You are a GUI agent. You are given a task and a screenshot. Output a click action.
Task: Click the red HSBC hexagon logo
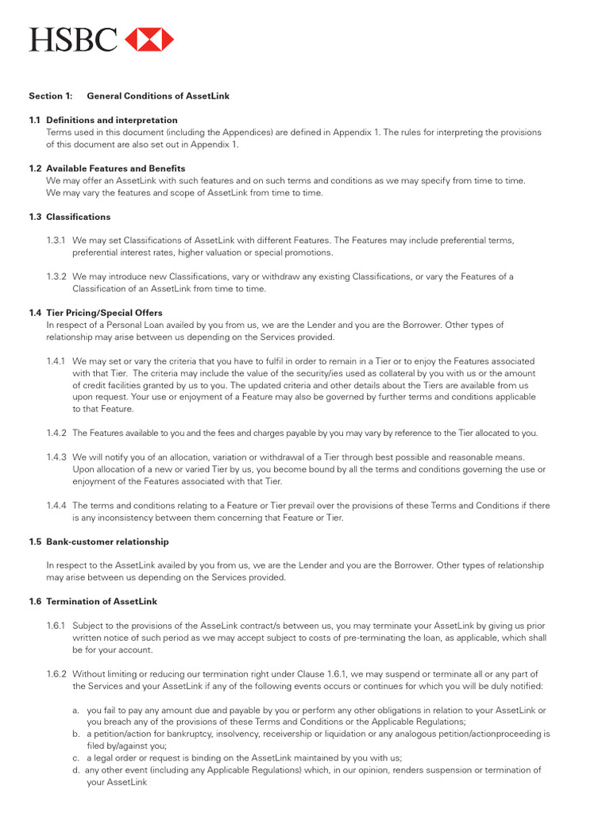(149, 39)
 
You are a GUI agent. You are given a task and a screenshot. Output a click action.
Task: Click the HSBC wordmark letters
(73, 39)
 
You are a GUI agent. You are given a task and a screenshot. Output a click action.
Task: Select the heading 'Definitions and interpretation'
(112, 120)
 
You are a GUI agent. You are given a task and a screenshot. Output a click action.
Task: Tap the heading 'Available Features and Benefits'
(115, 168)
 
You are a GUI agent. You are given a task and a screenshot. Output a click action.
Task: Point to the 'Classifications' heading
(78, 217)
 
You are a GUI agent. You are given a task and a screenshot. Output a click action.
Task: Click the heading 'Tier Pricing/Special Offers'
(104, 313)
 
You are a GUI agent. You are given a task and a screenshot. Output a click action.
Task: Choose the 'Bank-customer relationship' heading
(107, 541)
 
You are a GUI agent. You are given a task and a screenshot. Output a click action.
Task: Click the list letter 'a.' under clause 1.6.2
(75, 710)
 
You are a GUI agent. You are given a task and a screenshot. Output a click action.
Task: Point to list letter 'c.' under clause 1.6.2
(75, 757)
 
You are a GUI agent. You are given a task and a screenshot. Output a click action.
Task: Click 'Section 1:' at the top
(51, 96)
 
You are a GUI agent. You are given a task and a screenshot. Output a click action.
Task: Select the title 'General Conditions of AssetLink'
(158, 96)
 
